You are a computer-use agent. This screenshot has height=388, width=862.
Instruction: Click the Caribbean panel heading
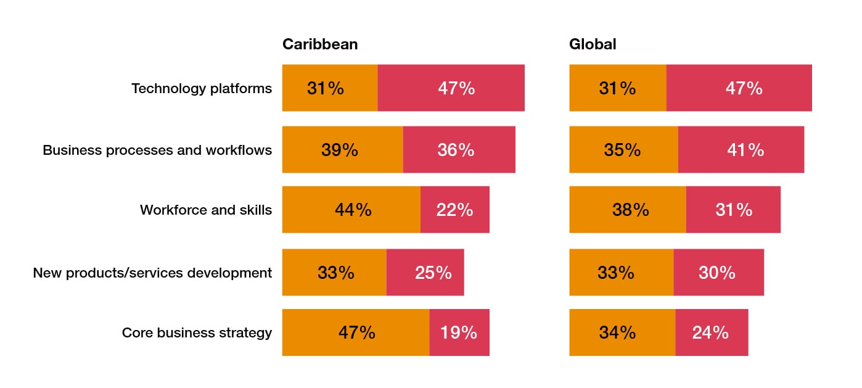pos(319,44)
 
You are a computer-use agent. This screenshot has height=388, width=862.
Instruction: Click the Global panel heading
pos(592,44)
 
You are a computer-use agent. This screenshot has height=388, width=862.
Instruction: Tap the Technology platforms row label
pos(202,88)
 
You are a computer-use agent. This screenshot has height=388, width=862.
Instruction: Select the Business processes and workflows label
pos(157,150)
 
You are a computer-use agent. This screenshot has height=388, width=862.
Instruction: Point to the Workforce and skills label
pos(206,210)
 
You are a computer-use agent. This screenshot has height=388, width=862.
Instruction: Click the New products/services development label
pos(152,273)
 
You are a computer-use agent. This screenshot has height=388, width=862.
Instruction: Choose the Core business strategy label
pos(197,332)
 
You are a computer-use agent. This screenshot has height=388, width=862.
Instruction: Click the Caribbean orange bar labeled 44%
pos(351,210)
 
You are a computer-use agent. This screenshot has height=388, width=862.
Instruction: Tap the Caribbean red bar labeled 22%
pos(455,210)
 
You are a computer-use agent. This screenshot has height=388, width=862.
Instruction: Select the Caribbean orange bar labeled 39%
pos(342,150)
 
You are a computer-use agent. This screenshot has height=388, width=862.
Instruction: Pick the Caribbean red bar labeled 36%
pos(459,150)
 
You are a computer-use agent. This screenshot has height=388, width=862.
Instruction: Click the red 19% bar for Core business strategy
pos(459,332)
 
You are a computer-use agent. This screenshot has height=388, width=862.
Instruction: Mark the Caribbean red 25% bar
pos(425,273)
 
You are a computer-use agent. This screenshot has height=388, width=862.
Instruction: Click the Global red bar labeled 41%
pos(741,150)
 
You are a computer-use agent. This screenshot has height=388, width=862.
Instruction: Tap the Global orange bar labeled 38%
pos(627,210)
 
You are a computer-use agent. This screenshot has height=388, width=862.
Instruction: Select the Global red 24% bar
pos(712,332)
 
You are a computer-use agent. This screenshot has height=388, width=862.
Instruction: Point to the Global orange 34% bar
pos(622,332)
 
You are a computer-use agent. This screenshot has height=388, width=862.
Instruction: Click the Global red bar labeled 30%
pos(718,273)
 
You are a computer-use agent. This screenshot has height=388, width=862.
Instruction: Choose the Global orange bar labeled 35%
pos(623,150)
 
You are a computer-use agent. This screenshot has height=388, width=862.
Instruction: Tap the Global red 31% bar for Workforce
pos(733,210)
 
